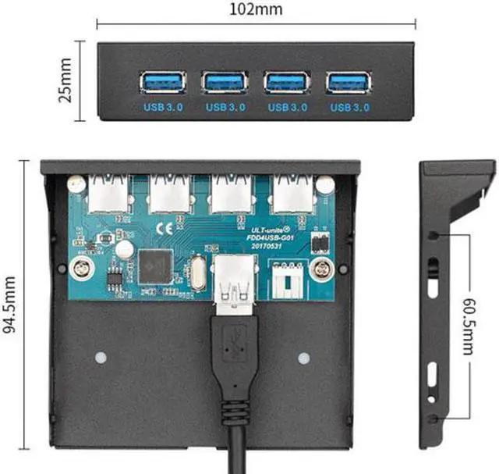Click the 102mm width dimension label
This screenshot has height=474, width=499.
point(257,10)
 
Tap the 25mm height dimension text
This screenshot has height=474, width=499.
point(66,80)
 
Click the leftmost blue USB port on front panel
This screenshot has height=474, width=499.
point(163,81)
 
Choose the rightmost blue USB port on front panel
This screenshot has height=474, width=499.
point(349,81)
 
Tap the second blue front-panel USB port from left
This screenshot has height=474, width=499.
point(225,81)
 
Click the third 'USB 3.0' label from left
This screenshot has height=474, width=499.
point(287,106)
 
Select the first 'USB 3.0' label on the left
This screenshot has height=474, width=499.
point(163,106)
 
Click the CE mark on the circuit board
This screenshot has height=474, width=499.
point(166,229)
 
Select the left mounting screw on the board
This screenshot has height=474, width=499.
point(81,269)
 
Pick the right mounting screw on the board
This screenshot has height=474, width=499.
point(320,270)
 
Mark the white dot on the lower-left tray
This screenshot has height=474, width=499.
point(100,358)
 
